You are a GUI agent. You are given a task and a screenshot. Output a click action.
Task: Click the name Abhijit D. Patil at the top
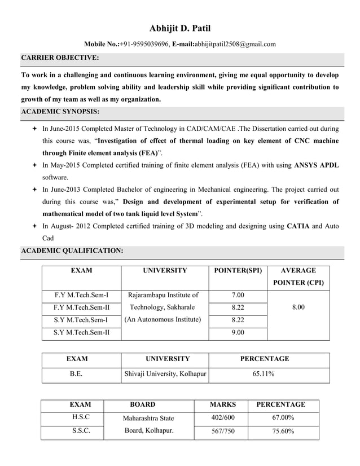click(180, 28)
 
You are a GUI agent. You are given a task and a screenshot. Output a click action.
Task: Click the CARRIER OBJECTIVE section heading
click(60, 58)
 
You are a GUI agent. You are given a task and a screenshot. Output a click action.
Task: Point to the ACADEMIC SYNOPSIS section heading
click(60, 112)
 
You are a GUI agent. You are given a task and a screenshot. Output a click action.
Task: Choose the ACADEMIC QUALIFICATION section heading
click(71, 250)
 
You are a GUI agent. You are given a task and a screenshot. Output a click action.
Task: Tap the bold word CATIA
click(298, 226)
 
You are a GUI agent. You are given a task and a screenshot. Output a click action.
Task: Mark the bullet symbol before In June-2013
click(35, 190)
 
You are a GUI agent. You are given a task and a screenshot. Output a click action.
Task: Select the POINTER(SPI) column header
click(238, 271)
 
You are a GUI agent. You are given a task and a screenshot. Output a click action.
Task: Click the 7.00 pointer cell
click(238, 295)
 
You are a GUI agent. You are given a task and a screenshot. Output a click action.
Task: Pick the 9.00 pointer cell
click(238, 332)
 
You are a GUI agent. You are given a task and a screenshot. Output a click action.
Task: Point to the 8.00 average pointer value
click(298, 307)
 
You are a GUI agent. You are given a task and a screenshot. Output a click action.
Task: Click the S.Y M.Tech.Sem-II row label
click(81, 332)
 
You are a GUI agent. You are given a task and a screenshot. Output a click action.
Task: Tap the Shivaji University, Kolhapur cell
click(165, 373)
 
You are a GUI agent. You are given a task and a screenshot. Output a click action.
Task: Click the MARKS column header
click(222, 405)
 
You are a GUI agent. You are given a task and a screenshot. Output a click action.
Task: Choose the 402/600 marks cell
click(222, 417)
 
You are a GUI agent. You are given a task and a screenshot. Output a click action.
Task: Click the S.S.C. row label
click(80, 432)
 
